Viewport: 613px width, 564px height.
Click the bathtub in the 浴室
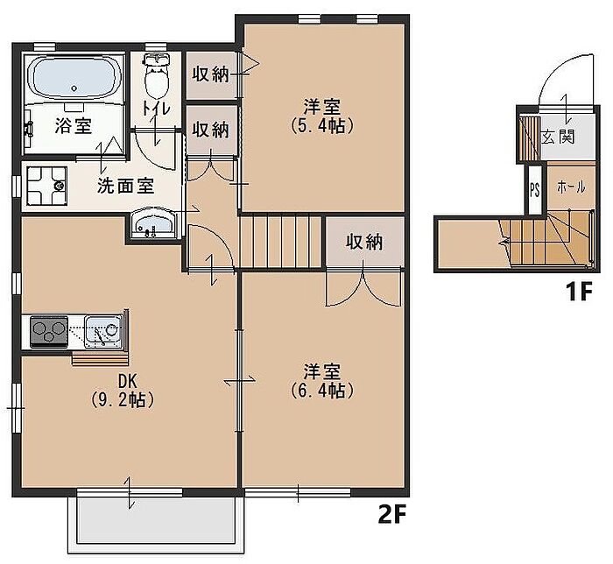pos(74,77)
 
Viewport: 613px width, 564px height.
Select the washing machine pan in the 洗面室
pos(46,186)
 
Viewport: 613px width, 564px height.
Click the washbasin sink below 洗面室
pos(152,224)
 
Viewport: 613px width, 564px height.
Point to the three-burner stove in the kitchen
pos(49,331)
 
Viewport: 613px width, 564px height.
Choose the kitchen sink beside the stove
pos(103,331)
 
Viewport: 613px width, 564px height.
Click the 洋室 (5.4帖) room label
pos(322,116)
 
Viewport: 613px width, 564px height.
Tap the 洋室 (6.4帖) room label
pos(322,381)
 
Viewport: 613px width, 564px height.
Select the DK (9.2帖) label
pos(123,391)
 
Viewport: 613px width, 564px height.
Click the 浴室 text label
pos(73,125)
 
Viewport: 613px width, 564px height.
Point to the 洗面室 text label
pos(125,186)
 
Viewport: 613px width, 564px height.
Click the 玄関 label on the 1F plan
pos(558,137)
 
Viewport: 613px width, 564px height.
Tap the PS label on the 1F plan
pos(535,190)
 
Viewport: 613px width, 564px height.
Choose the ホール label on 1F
pos(571,187)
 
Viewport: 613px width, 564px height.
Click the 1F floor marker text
pos(580,291)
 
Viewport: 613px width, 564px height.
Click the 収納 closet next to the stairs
pos(364,243)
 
